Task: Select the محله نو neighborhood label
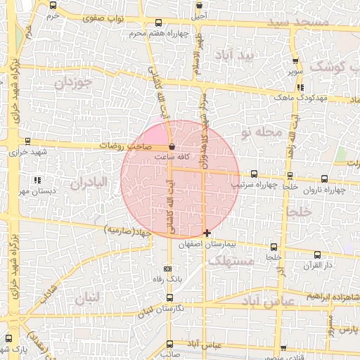[260, 131]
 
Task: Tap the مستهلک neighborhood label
[231, 261]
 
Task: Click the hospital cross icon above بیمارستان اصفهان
[207, 233]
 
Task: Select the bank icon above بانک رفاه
[167, 269]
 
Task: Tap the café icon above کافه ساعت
[172, 147]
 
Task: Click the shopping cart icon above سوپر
[296, 60]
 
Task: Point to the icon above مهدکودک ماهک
[301, 87]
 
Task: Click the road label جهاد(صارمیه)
[129, 231]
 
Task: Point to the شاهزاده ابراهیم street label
[331, 297]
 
